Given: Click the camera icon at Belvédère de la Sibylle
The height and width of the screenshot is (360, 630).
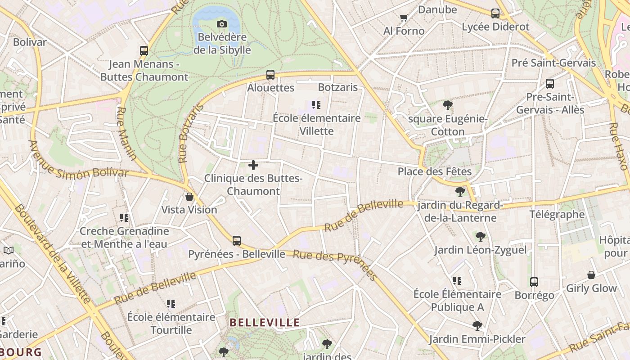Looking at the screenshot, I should coord(222,24).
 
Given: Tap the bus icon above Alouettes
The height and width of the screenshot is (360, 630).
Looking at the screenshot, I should coord(270,75).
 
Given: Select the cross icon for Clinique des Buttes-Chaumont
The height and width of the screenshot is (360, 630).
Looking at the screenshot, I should coord(253,166).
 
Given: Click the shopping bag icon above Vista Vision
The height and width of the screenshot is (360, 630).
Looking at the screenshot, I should coord(189,197).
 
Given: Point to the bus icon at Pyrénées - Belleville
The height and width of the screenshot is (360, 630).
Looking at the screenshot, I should coord(237,241).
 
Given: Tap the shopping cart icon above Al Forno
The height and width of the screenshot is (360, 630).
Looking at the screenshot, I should coord(404,18).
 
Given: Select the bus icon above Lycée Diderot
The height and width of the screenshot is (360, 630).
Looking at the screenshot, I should coord(495,13).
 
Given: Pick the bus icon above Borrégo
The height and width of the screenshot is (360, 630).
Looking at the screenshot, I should coord(534,282).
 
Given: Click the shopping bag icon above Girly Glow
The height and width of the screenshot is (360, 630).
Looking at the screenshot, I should coord(591,275).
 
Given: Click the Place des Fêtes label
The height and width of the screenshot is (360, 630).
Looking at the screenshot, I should coord(434,171).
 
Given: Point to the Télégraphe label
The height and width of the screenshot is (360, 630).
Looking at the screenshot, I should coord(557,214).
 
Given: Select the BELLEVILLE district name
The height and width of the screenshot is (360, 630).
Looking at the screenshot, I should coord(265,323).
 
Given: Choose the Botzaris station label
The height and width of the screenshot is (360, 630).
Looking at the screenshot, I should coord(337,87).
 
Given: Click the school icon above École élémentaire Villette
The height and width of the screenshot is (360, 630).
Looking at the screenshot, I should coord(316,105).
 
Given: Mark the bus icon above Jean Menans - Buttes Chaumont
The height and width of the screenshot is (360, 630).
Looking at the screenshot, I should coord(144,51).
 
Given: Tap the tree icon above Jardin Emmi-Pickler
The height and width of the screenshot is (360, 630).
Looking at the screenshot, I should coord(477,325).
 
